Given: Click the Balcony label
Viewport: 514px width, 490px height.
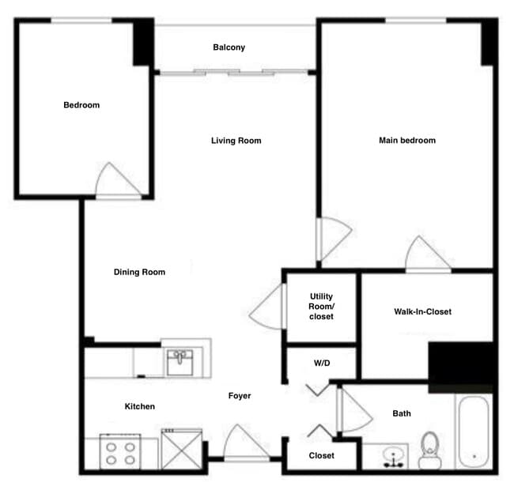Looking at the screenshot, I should tap(229, 47).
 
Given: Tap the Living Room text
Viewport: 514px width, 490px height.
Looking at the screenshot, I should tap(236, 141).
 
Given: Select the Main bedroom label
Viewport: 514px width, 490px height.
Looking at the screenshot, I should tap(406, 141).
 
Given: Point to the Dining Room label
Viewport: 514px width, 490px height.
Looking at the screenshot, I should tap(139, 272).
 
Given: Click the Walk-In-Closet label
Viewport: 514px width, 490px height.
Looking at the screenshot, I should tap(422, 311).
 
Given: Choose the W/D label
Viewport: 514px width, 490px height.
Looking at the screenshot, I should tap(321, 364).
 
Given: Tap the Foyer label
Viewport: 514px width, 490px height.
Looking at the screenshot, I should tap(240, 396).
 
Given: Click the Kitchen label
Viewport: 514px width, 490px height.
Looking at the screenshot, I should tap(140, 406).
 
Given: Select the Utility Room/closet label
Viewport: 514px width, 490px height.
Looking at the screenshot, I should tap(321, 306).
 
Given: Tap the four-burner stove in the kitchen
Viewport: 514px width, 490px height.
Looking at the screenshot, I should tap(120, 452).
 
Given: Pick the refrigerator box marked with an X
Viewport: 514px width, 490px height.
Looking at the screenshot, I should tap(181, 449).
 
